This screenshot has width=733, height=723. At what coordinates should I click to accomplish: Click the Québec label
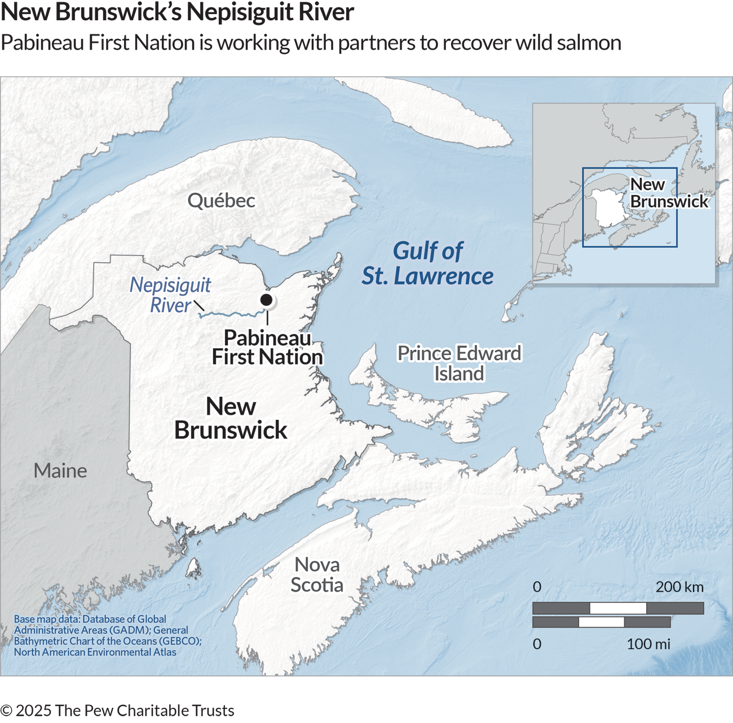point(221,201)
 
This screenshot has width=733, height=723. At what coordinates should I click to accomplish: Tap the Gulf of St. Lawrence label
point(427,264)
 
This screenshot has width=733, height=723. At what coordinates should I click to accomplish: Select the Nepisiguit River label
point(170,295)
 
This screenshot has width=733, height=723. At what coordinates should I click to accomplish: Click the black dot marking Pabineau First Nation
point(266,299)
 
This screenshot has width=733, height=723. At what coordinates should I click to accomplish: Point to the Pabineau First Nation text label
point(267,347)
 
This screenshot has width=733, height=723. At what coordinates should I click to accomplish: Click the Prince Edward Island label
point(459,363)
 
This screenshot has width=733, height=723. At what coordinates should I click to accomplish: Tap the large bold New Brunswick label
point(231,418)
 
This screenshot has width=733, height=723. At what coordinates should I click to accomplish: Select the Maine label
point(60,471)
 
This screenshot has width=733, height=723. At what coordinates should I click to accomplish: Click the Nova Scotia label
point(317,574)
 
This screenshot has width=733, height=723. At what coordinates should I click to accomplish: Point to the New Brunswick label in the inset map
point(668,193)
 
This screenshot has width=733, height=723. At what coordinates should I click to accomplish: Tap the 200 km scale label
point(679,587)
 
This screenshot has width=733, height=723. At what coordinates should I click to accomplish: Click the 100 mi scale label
point(648,644)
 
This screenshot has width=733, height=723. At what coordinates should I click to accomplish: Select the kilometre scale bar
point(618,608)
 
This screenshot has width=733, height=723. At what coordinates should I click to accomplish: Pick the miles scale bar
point(601,622)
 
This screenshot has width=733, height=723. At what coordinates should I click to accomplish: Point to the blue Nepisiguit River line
point(231,313)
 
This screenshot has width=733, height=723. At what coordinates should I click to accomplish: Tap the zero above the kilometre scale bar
point(537,587)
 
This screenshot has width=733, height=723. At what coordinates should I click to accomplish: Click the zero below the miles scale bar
point(537,644)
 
